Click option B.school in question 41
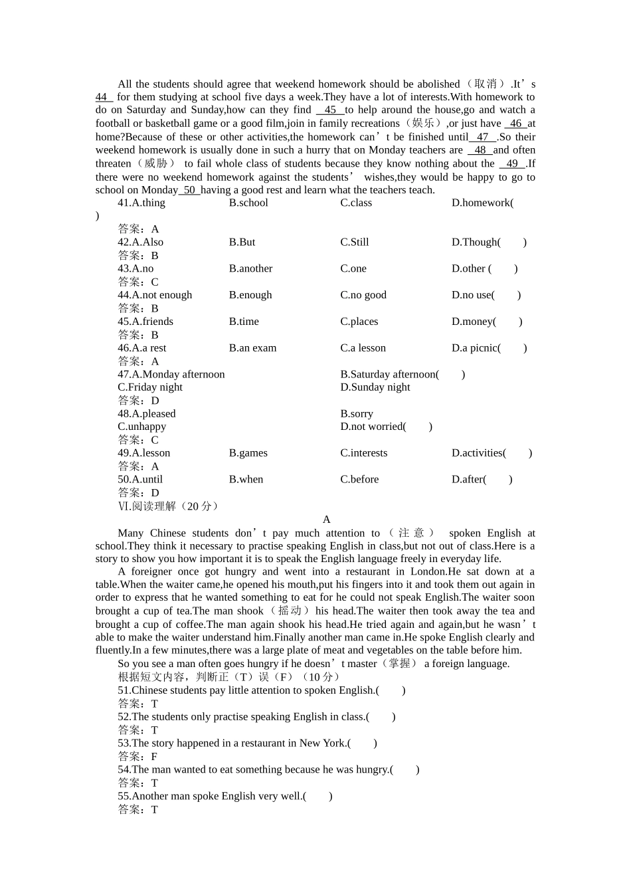[248, 203]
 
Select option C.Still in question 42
[355, 243]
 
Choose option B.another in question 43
[250, 268]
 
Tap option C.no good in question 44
[363, 295]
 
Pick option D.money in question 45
[474, 322]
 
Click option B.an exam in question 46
[252, 348]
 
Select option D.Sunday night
[375, 387]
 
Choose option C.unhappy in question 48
[142, 427]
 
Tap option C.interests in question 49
[363, 453]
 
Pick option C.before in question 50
[359, 479]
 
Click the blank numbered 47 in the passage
[482, 137]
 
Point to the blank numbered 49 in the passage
[512, 163]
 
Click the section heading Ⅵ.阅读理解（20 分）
[168, 506]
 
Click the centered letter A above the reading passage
[326, 520]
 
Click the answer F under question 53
[154, 756]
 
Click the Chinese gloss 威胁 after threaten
[156, 163]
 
